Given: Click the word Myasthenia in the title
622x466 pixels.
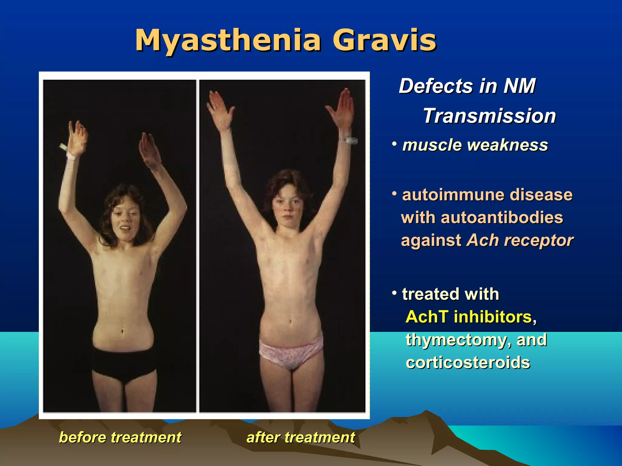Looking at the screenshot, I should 228,40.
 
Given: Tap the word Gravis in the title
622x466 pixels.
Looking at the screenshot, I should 384,40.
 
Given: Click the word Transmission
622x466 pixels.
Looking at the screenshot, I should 489,116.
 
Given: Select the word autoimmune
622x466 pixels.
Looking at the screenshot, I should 453,195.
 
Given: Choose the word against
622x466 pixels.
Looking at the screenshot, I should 431,241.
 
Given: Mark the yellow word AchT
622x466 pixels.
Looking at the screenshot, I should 427,317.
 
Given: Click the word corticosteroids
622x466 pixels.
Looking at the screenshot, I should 468,363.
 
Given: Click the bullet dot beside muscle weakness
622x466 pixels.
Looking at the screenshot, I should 394,144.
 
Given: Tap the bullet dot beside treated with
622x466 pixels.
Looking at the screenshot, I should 394,293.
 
